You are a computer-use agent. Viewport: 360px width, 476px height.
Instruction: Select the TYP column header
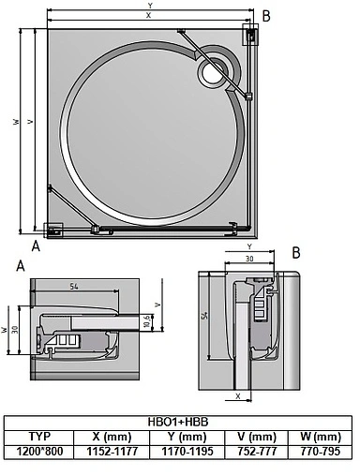(38, 437)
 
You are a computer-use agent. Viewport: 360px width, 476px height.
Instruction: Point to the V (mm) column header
(256, 437)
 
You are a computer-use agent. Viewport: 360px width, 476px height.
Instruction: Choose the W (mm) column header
(321, 437)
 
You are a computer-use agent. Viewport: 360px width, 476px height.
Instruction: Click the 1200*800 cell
(38, 452)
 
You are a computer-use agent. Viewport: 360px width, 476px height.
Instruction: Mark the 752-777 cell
(256, 452)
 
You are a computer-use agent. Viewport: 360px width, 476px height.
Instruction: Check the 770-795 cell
(321, 452)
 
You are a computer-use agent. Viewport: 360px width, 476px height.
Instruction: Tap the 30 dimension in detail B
(248, 259)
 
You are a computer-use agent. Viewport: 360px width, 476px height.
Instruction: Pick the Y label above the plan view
(150, 6)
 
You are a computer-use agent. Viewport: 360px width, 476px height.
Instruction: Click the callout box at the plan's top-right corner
(252, 36)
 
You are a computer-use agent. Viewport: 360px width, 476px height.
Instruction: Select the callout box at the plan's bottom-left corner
(53, 228)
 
